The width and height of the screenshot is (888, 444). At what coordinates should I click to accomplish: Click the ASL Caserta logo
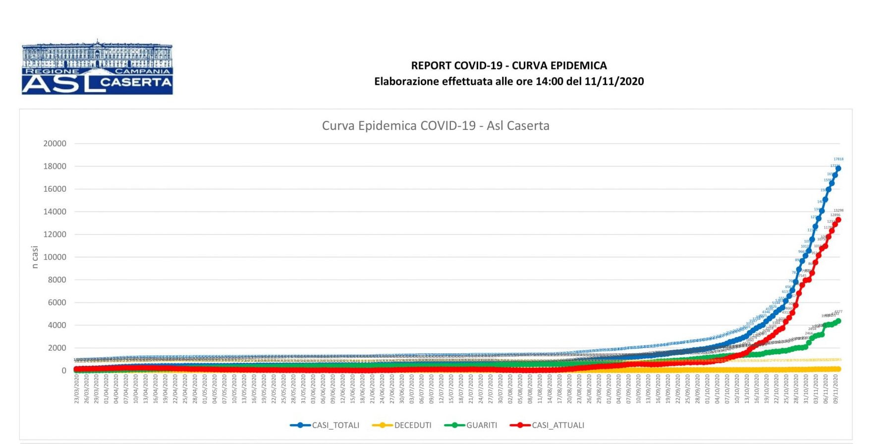[97, 68]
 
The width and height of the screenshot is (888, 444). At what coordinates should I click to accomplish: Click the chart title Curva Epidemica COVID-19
[436, 126]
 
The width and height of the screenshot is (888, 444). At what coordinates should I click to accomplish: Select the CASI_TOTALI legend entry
[325, 425]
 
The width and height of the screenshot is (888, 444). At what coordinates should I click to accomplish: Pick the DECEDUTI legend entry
[402, 425]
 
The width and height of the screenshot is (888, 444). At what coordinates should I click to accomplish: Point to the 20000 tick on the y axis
[55, 144]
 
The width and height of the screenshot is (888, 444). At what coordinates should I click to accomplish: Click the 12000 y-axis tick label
[55, 234]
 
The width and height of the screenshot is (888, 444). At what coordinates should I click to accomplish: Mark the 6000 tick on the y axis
[56, 303]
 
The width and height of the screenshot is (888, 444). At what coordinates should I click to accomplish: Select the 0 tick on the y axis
[64, 371]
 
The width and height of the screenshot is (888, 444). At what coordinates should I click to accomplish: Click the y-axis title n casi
[35, 257]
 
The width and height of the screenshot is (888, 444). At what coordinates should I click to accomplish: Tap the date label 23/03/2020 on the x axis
[77, 389]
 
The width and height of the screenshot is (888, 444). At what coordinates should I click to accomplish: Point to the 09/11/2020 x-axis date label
[835, 389]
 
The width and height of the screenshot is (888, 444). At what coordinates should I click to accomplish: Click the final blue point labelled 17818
[838, 168]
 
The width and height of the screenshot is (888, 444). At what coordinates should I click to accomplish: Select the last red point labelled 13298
[838, 220]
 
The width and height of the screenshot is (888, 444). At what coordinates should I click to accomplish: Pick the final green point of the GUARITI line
[838, 321]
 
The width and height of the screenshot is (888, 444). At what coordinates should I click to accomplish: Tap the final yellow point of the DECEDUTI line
[838, 369]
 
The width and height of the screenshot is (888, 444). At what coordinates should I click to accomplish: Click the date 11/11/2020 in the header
[614, 82]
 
